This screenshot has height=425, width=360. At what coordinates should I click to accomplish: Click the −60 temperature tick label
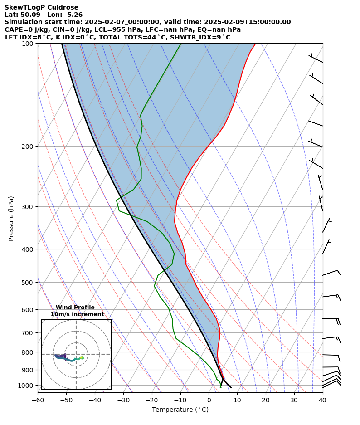pyautogui.click(x=38, y=400)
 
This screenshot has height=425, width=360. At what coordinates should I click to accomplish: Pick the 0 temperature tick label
pyautogui.click(x=209, y=400)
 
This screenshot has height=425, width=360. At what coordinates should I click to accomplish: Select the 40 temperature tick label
pyautogui.click(x=322, y=400)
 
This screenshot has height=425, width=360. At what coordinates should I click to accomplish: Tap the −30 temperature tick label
pyautogui.click(x=123, y=400)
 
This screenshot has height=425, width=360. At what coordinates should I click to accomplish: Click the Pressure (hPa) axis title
pyautogui.click(x=11, y=218)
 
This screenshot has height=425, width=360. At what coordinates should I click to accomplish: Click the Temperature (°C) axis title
pyautogui.click(x=180, y=410)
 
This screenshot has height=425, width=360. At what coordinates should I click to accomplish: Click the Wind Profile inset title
pyautogui.click(x=75, y=308)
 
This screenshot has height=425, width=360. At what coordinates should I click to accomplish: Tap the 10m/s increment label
pyautogui.click(x=77, y=314)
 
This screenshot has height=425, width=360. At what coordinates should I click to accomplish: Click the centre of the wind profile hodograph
pyautogui.click(x=76, y=354)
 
